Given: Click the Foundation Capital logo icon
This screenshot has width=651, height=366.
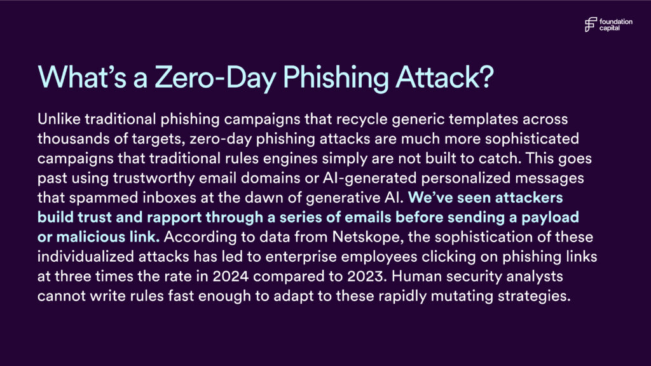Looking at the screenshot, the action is click(x=591, y=25).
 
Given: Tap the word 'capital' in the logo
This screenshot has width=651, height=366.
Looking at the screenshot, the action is click(x=610, y=28).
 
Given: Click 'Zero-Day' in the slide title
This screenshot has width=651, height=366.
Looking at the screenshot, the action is click(x=215, y=77).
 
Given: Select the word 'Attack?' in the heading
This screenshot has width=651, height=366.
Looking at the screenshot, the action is click(x=444, y=77).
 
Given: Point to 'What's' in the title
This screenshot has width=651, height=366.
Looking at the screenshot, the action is click(x=82, y=77).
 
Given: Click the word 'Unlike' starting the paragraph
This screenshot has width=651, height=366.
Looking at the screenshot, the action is click(x=59, y=119).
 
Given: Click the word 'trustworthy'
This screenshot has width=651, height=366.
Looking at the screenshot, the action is click(x=154, y=179).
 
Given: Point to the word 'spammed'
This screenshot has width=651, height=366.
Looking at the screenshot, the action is click(x=104, y=198).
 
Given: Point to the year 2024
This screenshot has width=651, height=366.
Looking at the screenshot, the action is click(x=230, y=276).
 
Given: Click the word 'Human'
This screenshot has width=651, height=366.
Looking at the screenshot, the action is click(x=416, y=276).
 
